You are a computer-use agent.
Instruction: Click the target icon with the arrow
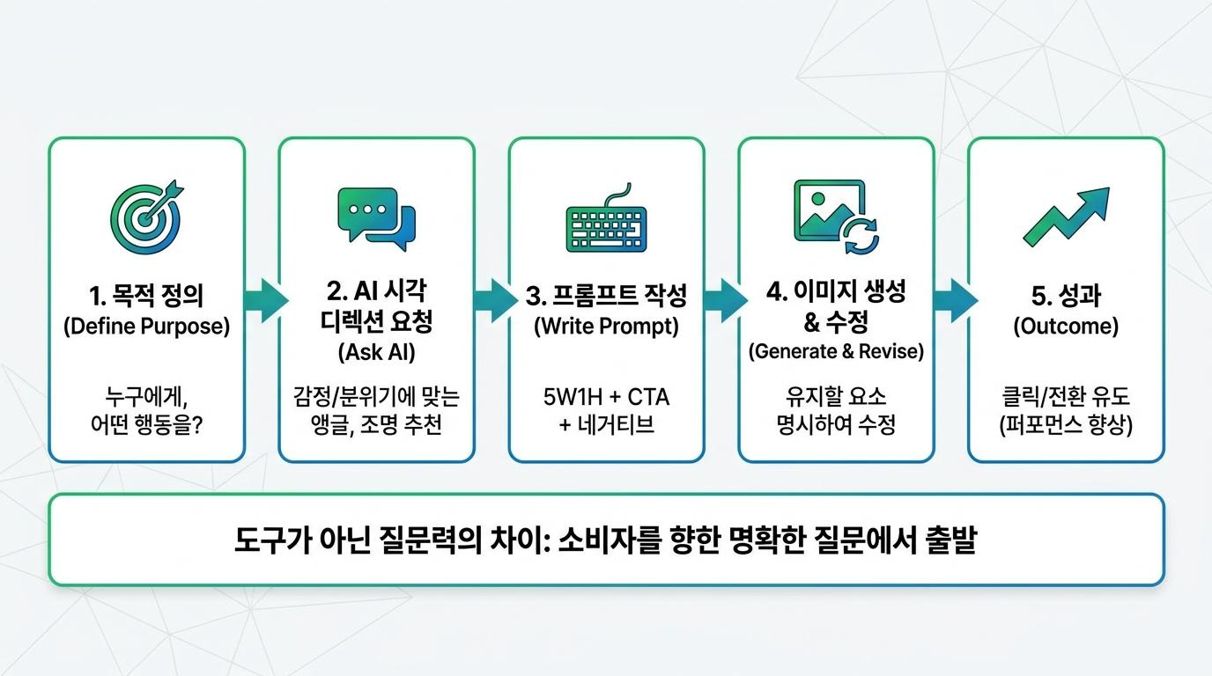(146, 217)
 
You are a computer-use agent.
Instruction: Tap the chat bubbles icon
(377, 218)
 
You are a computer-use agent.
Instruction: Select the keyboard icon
(607, 218)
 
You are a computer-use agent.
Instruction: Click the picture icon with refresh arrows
(836, 217)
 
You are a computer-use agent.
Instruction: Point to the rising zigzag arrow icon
(1066, 217)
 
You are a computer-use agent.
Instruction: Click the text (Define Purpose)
(146, 326)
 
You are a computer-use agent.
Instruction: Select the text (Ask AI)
(377, 352)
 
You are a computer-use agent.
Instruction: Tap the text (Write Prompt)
(607, 326)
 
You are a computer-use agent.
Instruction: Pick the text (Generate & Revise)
(836, 351)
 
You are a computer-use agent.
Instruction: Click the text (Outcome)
(1066, 326)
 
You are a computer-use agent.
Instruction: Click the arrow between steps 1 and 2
(266, 301)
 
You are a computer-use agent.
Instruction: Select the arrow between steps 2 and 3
(496, 301)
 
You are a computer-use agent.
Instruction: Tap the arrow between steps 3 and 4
(725, 301)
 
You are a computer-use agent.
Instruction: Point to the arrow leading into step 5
(955, 301)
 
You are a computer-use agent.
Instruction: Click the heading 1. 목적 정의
(146, 295)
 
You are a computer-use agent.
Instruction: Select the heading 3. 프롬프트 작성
(607, 295)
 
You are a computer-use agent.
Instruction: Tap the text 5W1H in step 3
(573, 398)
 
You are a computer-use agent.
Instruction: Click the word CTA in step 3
(648, 398)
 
